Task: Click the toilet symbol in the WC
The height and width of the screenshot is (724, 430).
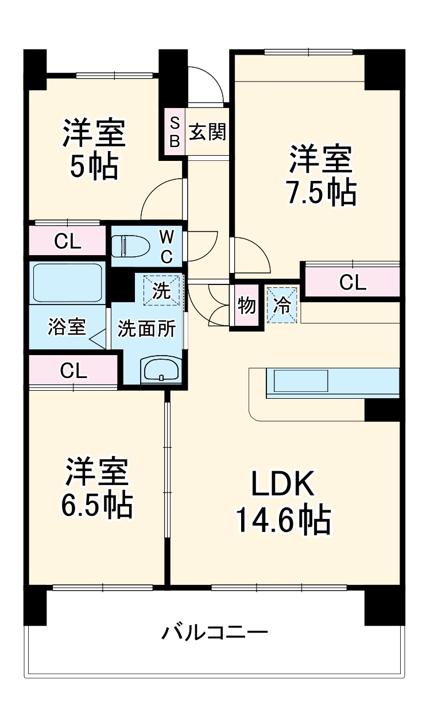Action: pos(127,246)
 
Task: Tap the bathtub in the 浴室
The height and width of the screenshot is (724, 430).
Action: pos(67,283)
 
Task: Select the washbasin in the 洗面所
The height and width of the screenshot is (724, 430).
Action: pos(161,369)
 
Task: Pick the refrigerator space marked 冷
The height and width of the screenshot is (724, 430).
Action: pos(282,305)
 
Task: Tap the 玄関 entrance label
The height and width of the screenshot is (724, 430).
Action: pos(207,132)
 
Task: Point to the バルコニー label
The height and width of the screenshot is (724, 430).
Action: pos(214,633)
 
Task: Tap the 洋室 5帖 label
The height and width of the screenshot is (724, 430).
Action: pos(94,149)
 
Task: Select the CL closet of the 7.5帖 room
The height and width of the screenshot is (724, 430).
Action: pos(352,282)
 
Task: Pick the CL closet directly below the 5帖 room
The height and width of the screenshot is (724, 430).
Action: pos(67,242)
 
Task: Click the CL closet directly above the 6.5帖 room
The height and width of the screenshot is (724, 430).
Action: pos(73,371)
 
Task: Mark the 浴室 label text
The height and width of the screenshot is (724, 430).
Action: pos(67,328)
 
